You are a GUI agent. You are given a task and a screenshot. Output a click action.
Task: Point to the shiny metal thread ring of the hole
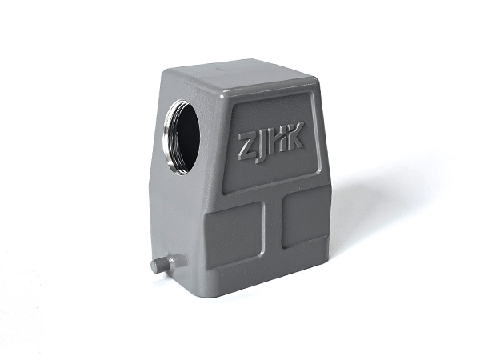click(169, 138)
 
